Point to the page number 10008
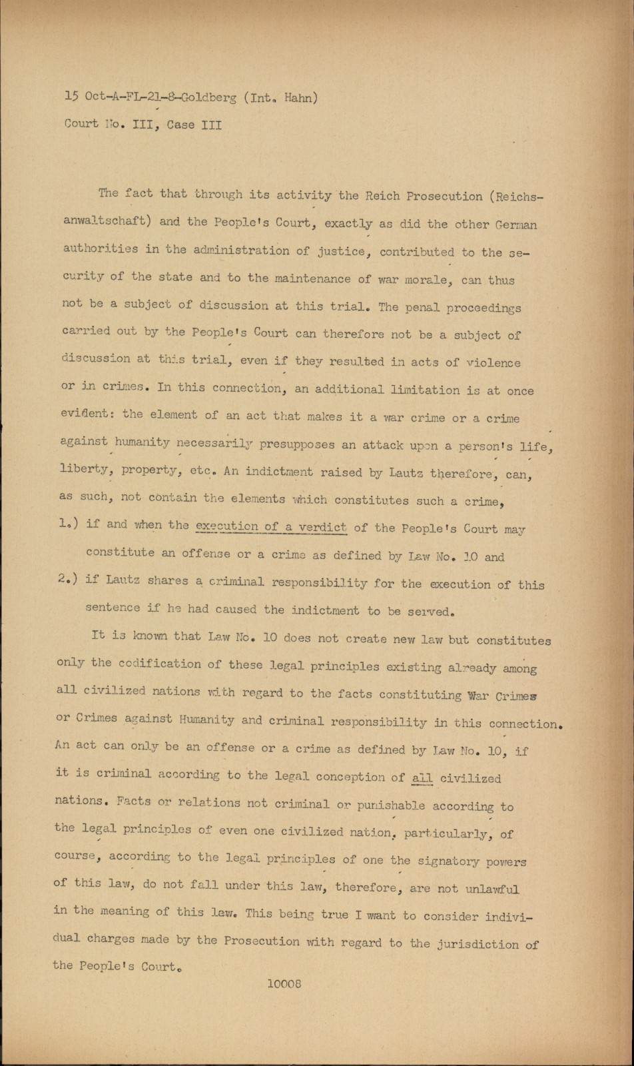pyautogui.click(x=284, y=983)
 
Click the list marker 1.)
pyautogui.click(x=67, y=524)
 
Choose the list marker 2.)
pyautogui.click(x=67, y=578)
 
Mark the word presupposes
pyautogui.click(x=297, y=444)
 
